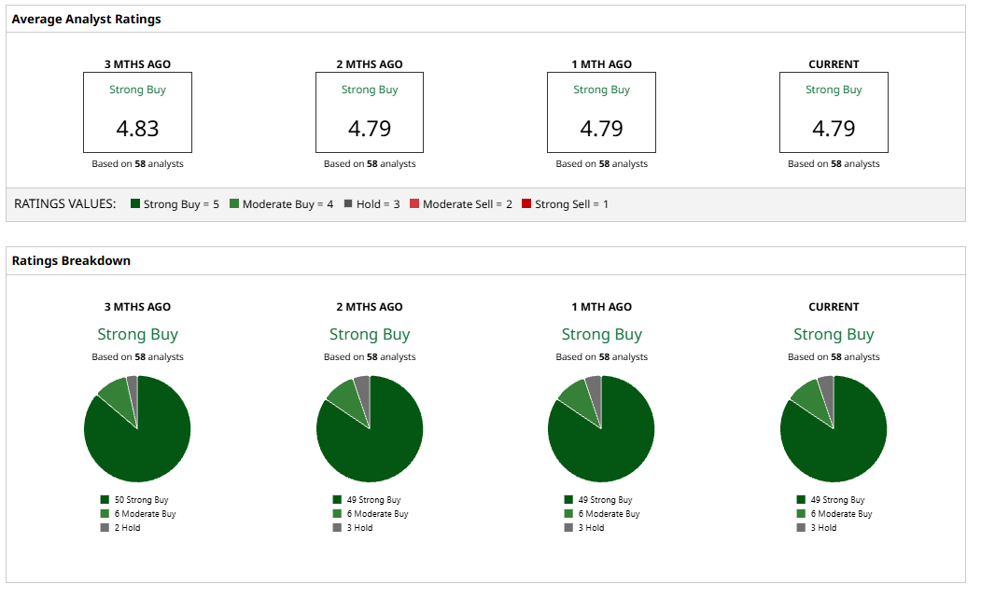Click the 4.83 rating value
[137, 129]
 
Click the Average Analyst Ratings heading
[86, 19]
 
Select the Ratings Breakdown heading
[71, 261]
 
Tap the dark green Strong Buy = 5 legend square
[135, 203]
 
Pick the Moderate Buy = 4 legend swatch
[234, 203]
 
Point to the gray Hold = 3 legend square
[348, 203]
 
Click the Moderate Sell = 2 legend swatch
[414, 203]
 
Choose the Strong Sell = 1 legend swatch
[526, 203]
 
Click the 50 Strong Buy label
[142, 500]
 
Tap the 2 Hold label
[127, 528]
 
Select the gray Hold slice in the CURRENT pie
[826, 385]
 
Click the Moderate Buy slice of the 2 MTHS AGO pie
[342, 393]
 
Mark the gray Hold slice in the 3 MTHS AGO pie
[133, 384]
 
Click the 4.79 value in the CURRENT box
[834, 129]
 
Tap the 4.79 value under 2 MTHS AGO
[370, 129]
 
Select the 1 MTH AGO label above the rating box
[601, 64]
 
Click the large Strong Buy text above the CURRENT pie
[834, 334]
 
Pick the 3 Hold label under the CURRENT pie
[823, 528]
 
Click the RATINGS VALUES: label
[65, 203]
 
